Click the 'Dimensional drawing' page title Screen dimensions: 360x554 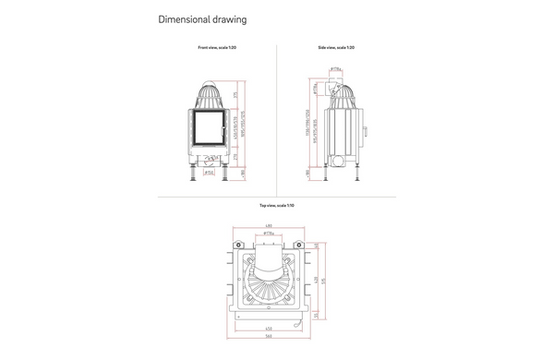[201, 19]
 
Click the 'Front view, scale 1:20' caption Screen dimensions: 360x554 [217, 46]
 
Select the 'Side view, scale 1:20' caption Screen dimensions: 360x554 [336, 46]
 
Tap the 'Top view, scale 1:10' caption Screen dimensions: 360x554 [276, 205]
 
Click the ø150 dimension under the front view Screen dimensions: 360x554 [209, 172]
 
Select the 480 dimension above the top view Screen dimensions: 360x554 [268, 225]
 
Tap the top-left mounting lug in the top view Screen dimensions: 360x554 [237, 244]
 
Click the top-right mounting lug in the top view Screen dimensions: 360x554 [300, 244]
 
